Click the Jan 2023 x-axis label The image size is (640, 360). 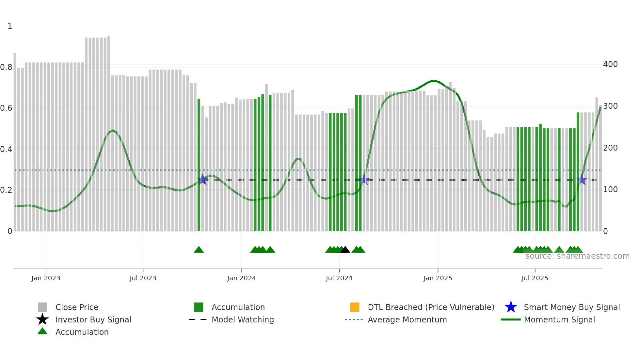46,278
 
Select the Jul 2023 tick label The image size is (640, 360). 143,278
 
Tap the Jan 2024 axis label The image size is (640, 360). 241,278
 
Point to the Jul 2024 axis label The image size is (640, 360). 339,278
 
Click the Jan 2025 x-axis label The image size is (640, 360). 438,278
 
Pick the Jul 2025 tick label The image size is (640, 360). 535,278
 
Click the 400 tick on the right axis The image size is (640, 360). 610,64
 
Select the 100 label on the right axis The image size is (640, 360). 610,189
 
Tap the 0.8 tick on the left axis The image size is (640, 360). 6,67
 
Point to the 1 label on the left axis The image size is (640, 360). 10,26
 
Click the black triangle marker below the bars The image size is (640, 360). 345,250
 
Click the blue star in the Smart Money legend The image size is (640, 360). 511,307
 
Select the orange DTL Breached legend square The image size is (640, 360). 355,307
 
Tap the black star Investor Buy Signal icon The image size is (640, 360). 42,319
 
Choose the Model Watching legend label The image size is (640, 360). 243,319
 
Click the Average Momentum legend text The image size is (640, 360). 407,319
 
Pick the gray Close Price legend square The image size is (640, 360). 42,307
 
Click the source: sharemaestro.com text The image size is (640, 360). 577,256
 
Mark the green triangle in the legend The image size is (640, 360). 42,331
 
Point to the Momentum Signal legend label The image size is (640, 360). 559,319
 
